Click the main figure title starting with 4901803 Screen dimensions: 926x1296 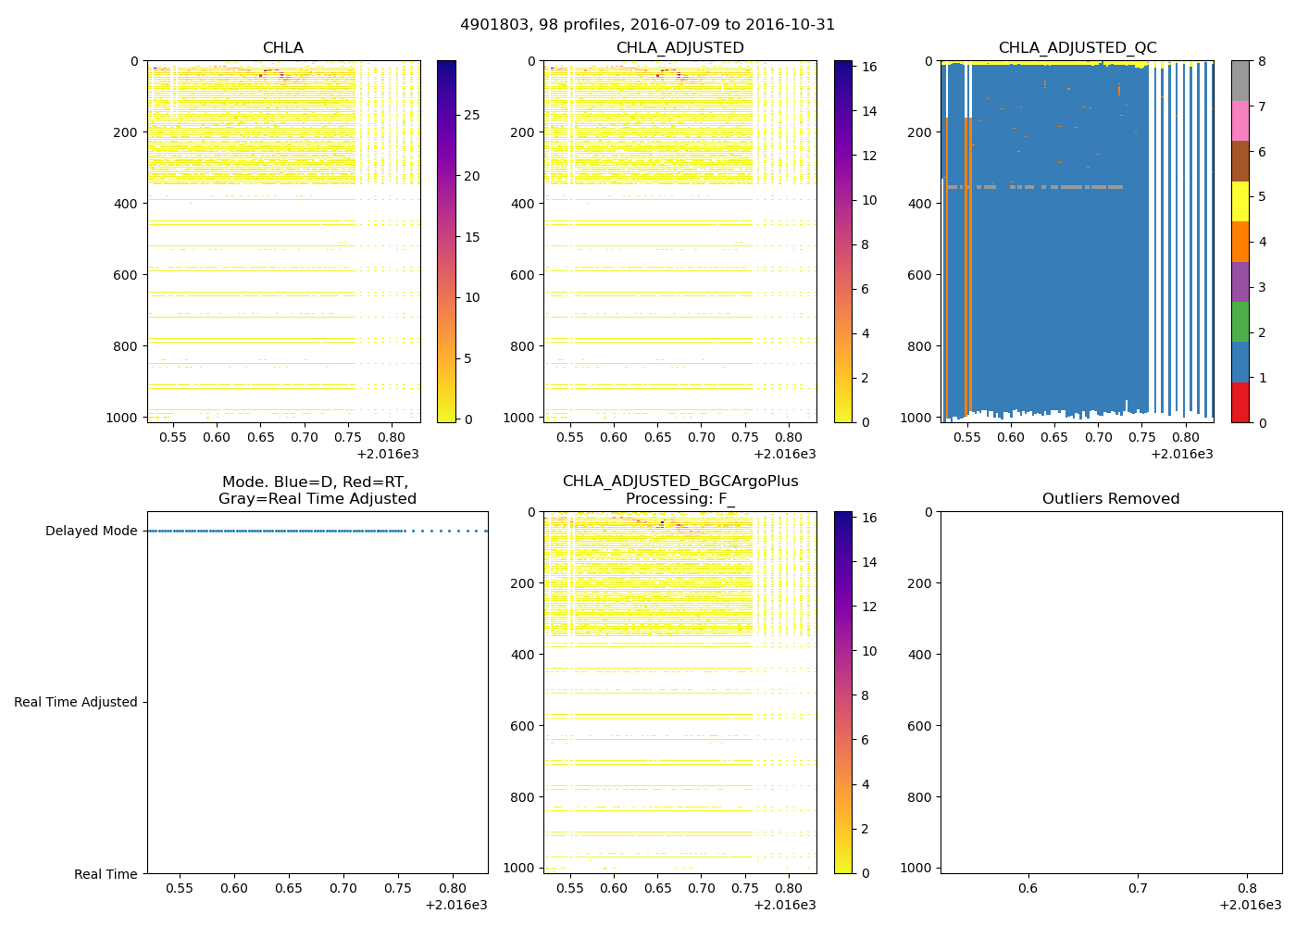(x=647, y=25)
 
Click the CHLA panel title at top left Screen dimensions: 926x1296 (x=282, y=48)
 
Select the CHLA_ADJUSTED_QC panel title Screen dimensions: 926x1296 (x=1077, y=48)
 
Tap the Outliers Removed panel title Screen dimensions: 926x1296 (x=1110, y=499)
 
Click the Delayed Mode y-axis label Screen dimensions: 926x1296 (x=91, y=531)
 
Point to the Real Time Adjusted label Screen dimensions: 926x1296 (x=75, y=702)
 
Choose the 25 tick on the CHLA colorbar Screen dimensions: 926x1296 (x=471, y=115)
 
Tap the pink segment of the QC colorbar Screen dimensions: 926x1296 (x=1240, y=120)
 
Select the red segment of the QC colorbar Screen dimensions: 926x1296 (x=1240, y=402)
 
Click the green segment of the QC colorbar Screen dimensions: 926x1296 (x=1240, y=321)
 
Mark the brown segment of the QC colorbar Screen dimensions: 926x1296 (x=1240, y=161)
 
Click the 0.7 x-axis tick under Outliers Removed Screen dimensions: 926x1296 (x=1138, y=888)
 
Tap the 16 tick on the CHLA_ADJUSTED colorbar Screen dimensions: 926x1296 (x=869, y=67)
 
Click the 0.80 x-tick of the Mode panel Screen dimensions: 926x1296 (x=453, y=888)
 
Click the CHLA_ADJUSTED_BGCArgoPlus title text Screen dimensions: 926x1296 (x=679, y=482)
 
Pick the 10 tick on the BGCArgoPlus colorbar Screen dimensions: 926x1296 (x=869, y=651)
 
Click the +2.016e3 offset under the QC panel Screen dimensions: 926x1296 (x=1181, y=454)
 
